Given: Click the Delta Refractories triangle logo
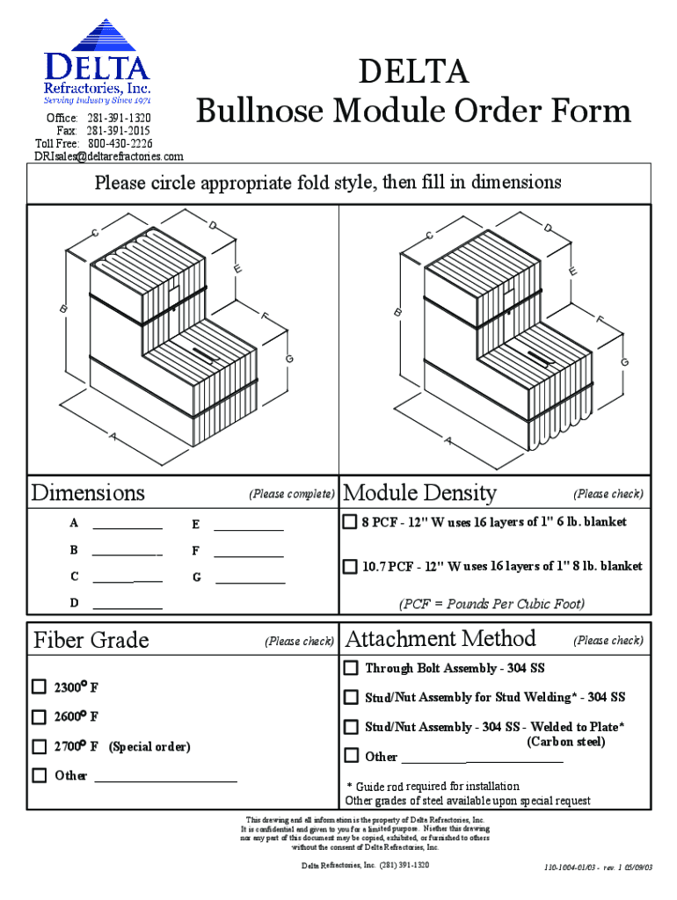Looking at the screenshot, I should (x=97, y=37).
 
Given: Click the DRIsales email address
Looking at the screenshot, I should (x=109, y=156).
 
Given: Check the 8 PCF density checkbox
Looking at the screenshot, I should (x=350, y=522).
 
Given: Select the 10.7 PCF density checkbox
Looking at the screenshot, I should (x=350, y=566).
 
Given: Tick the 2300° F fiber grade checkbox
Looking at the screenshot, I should (x=40, y=686).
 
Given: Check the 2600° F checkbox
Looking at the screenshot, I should (x=40, y=716).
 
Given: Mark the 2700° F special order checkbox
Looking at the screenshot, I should (x=40, y=746).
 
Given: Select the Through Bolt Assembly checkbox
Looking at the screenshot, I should (x=351, y=668).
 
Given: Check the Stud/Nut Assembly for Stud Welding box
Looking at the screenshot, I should (x=351, y=697).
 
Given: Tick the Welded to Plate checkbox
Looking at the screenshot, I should (x=351, y=727).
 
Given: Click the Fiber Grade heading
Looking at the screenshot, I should (x=91, y=640).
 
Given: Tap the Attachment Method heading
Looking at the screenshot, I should (x=440, y=638).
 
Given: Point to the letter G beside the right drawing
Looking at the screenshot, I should (x=624, y=362).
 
